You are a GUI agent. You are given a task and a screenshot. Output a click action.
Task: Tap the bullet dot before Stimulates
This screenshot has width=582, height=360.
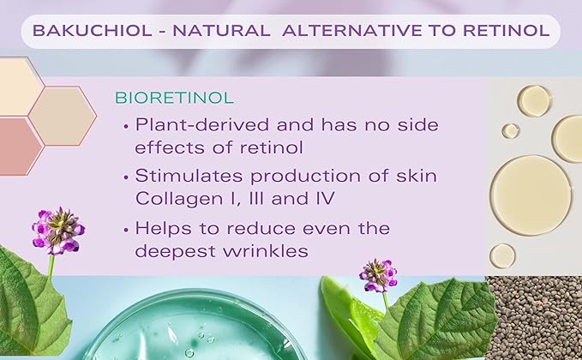pos(128,176)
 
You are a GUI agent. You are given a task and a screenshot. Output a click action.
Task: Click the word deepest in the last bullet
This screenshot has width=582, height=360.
pos(177,252)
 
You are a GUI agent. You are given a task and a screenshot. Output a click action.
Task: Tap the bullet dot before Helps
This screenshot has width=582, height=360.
pos(128,230)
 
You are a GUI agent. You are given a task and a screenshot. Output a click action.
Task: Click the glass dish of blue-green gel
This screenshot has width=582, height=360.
pos(197,330)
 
